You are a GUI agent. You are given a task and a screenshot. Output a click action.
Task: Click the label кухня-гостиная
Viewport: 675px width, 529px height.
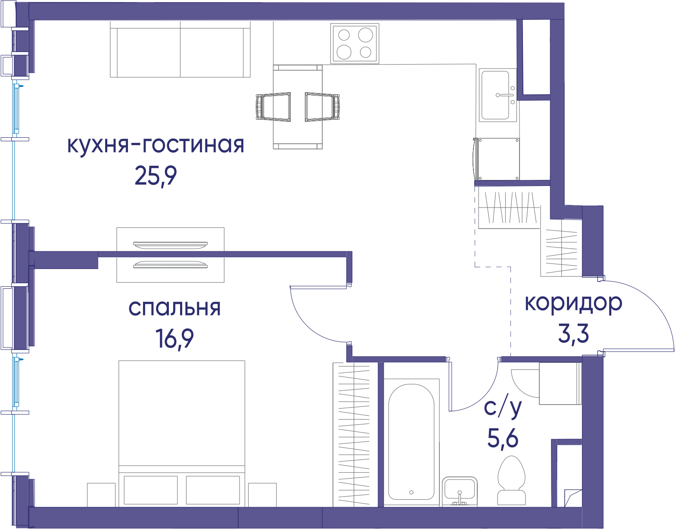156,145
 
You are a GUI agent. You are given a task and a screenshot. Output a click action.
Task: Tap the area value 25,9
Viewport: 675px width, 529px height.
156,176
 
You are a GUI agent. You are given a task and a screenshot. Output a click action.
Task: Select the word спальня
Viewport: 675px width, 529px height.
174,308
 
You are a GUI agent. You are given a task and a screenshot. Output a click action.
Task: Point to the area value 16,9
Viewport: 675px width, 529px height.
174,339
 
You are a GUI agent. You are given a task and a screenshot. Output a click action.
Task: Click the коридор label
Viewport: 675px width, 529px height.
573,303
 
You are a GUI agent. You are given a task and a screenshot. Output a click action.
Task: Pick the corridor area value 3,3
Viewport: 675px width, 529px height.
573,334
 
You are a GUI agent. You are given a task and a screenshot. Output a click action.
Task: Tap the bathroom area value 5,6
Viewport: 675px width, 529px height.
503,438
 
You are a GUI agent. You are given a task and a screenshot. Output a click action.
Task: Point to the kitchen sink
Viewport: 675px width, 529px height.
498,95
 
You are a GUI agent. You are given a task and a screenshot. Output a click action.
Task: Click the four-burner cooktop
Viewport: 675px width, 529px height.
355,43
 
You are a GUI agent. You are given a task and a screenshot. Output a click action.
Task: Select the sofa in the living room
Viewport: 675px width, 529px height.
180,49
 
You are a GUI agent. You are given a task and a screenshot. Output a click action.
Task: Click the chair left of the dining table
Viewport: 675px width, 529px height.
274,106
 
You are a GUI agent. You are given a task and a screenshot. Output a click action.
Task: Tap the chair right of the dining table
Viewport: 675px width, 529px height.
322,106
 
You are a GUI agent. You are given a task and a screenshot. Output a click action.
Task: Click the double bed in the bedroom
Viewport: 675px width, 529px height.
182,433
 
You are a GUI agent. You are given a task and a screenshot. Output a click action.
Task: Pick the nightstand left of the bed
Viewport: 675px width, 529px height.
101,495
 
